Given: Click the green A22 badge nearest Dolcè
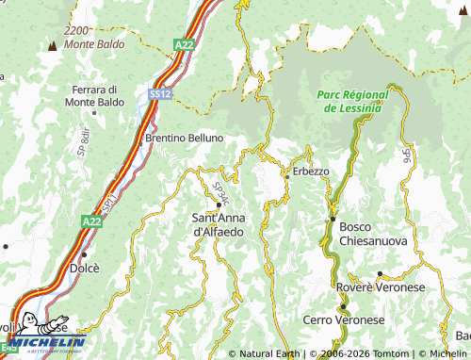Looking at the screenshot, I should click(90, 221).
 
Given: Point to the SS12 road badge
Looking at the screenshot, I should click(159, 93).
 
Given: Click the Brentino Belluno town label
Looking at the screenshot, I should click(185, 138).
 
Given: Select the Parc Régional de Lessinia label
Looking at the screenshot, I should click(349, 102).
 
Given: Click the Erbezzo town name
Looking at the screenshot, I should click(311, 172).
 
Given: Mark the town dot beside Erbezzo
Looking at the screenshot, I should click(287, 175).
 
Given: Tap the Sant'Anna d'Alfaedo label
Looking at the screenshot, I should click(219, 224).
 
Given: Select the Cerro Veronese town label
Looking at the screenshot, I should click(344, 320).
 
